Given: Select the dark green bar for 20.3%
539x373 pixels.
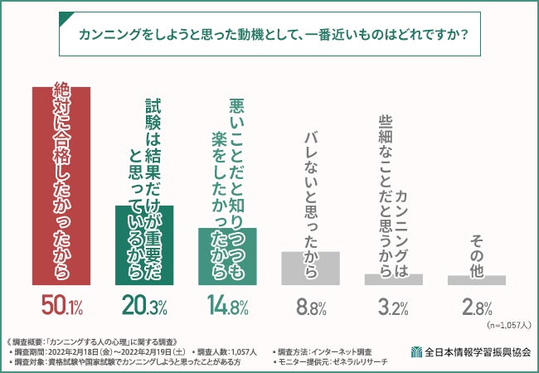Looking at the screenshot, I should click(x=143, y=245).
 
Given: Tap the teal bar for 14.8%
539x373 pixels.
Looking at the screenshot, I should click(x=227, y=256).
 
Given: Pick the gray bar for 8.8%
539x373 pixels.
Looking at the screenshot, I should click(x=310, y=268).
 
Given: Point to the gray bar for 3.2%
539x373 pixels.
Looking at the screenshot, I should click(x=394, y=279).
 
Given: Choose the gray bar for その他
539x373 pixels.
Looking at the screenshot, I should click(x=477, y=280).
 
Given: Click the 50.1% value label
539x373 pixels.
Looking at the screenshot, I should click(x=61, y=307).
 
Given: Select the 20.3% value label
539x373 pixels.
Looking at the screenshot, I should click(x=144, y=307).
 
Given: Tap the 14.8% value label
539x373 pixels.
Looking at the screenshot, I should click(x=227, y=307).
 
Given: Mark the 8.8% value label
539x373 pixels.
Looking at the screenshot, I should click(x=310, y=307).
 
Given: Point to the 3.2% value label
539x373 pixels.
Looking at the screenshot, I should click(x=394, y=307).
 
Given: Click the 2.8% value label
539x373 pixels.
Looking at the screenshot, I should click(x=477, y=307).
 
